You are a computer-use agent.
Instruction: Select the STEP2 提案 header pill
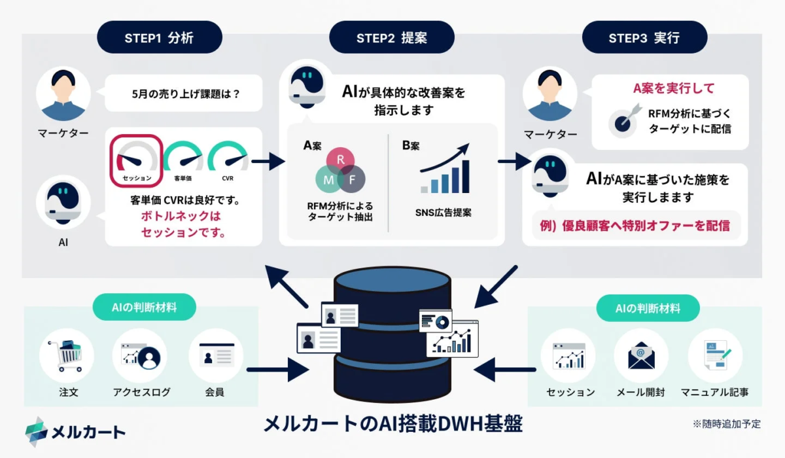pos(391,37)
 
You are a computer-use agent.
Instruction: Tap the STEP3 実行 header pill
pos(644,37)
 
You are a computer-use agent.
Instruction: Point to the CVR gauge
pos(228,160)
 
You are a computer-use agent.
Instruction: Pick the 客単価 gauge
pos(183,160)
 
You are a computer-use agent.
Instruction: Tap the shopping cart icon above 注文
pos(67,355)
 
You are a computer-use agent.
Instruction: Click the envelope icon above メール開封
pos(641,355)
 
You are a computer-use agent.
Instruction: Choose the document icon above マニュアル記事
pos(715,355)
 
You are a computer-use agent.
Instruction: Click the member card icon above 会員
pos(216,355)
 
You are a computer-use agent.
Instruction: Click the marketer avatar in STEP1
pos(63,94)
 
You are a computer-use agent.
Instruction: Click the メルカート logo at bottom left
pos(75,431)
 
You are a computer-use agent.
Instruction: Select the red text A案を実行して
pos(673,88)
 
